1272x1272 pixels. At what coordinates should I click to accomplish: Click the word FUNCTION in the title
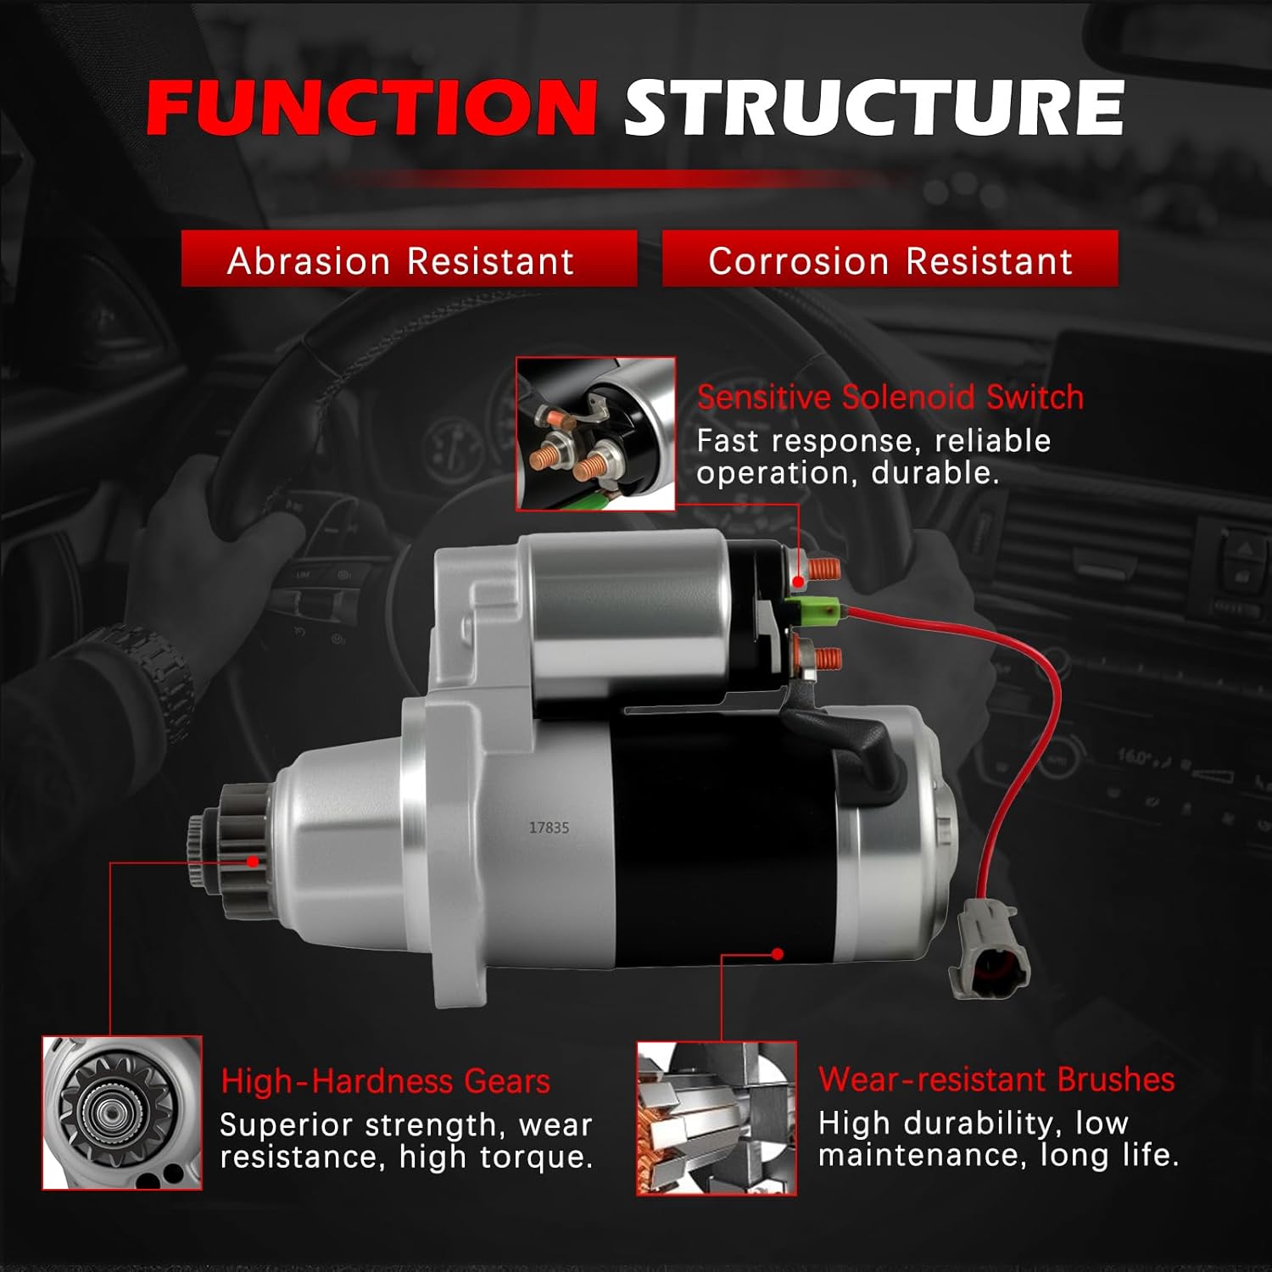[371, 108]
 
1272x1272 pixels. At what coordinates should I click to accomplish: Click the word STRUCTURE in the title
[873, 108]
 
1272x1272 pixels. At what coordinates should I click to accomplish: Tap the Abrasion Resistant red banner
[409, 259]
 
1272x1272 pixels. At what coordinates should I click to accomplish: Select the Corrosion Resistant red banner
[890, 259]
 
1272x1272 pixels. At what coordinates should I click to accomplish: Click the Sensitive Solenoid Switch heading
[890, 398]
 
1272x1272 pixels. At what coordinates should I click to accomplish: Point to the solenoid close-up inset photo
[595, 433]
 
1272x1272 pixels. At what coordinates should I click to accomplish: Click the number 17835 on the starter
[549, 828]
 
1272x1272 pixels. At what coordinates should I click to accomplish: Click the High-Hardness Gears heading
[385, 1082]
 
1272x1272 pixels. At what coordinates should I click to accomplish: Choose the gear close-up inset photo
[122, 1113]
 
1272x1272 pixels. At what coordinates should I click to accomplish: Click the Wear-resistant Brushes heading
[996, 1080]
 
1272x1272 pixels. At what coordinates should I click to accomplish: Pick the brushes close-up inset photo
[717, 1119]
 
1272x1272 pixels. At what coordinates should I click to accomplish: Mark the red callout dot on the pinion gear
[253, 862]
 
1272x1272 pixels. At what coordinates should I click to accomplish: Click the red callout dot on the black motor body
[778, 954]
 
